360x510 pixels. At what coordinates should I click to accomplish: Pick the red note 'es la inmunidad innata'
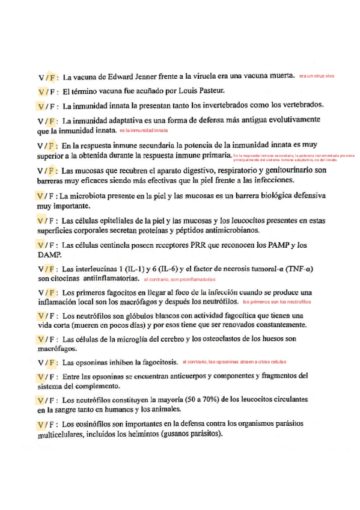pos(144,130)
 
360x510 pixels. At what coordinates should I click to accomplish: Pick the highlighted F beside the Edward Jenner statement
pos(53,78)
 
